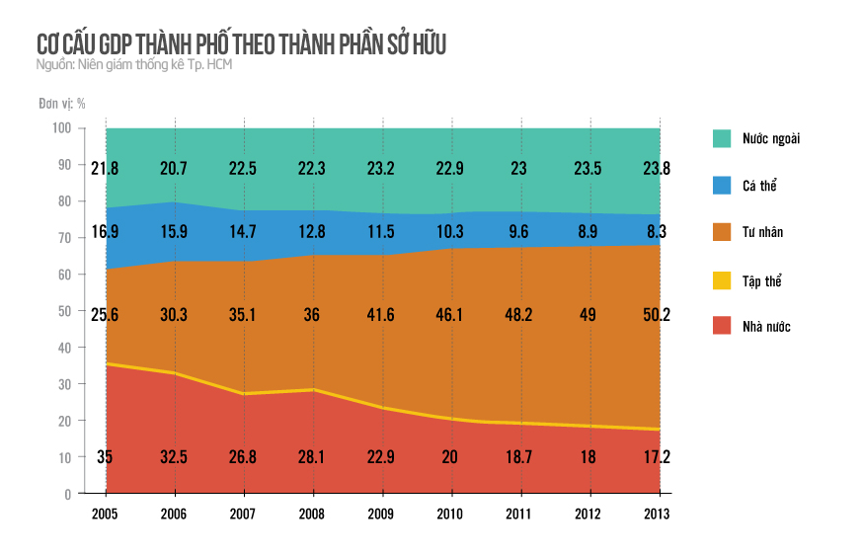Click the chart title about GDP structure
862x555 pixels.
point(243,44)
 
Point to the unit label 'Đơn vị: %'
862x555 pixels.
point(62,103)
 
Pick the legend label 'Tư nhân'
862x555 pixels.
point(763,232)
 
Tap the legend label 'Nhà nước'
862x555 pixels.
point(767,327)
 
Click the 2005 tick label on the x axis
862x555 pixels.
point(106,514)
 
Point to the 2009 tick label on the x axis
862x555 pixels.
point(382,514)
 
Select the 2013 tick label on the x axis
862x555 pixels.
point(659,514)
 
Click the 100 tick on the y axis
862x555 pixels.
point(61,128)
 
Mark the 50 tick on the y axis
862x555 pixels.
point(64,311)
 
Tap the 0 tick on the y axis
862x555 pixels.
point(67,494)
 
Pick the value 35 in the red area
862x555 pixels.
point(106,456)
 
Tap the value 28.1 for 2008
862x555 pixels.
point(313,456)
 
